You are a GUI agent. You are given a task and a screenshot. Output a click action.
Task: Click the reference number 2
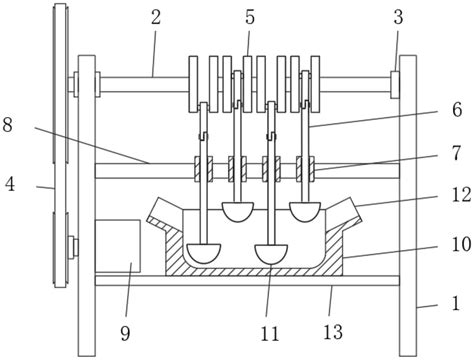pos(156,17)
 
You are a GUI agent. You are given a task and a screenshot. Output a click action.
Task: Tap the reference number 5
pos(250,17)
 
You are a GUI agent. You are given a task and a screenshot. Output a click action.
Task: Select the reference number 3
pos(398,17)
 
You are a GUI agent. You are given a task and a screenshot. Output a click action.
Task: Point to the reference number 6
pos(457,109)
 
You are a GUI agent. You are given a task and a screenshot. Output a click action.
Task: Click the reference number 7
pos(456,153)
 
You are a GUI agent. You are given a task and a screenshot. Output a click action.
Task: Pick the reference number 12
pos(461,195)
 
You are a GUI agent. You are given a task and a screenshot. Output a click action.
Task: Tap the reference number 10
pos(461,245)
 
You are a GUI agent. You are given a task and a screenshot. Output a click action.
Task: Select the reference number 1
pos(455,303)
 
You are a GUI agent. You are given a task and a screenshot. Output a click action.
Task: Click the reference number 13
pos(333,332)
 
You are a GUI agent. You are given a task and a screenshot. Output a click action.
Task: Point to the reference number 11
pos(270,334)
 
